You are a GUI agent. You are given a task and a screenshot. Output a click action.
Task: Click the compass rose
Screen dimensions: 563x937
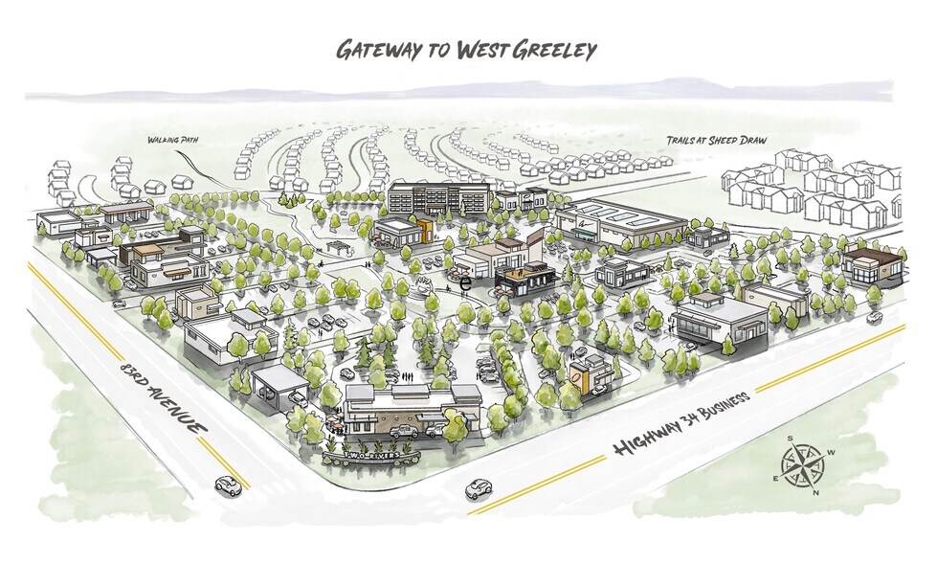pyautogui.click(x=803, y=465)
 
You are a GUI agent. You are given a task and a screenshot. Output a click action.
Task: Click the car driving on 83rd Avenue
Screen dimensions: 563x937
pyautogui.click(x=228, y=485)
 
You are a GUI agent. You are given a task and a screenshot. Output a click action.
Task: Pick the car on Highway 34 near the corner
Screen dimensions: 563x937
pyautogui.click(x=479, y=489)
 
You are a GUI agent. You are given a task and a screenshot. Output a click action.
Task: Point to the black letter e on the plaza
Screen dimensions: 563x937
pyautogui.click(x=465, y=283)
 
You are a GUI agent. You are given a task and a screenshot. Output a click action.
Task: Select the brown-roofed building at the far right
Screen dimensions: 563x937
pyautogui.click(x=872, y=265)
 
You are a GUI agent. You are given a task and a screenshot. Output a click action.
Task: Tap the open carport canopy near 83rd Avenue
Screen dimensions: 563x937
pyautogui.click(x=279, y=379)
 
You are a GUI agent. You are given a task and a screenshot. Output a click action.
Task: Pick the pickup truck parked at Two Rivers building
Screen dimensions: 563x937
pyautogui.click(x=405, y=432)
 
